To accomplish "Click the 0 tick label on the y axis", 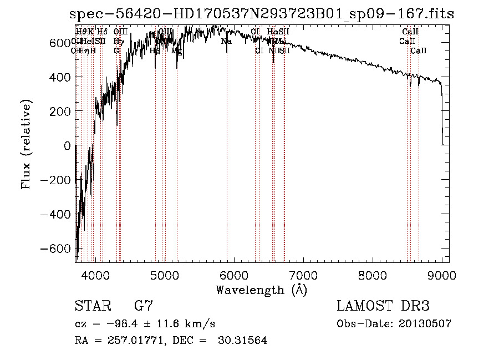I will tap(67, 145).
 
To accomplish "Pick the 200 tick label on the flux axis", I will tap(60, 111).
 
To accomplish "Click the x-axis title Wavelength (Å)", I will tap(261, 290).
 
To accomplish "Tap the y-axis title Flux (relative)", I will tap(26, 145).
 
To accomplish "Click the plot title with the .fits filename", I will tap(261, 14).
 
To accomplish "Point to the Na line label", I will tap(226, 41).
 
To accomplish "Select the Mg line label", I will tap(176, 50).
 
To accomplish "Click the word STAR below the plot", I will tap(92, 306).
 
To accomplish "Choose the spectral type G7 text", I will tap(144, 306).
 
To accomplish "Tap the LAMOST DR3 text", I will tap(383, 306).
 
